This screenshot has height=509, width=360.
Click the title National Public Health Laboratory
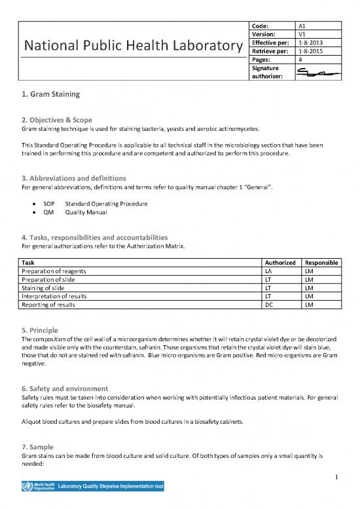click(x=132, y=46)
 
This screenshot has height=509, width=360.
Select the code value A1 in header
click(x=302, y=25)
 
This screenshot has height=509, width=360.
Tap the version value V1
click(x=302, y=35)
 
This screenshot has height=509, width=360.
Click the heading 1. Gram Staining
click(x=51, y=94)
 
